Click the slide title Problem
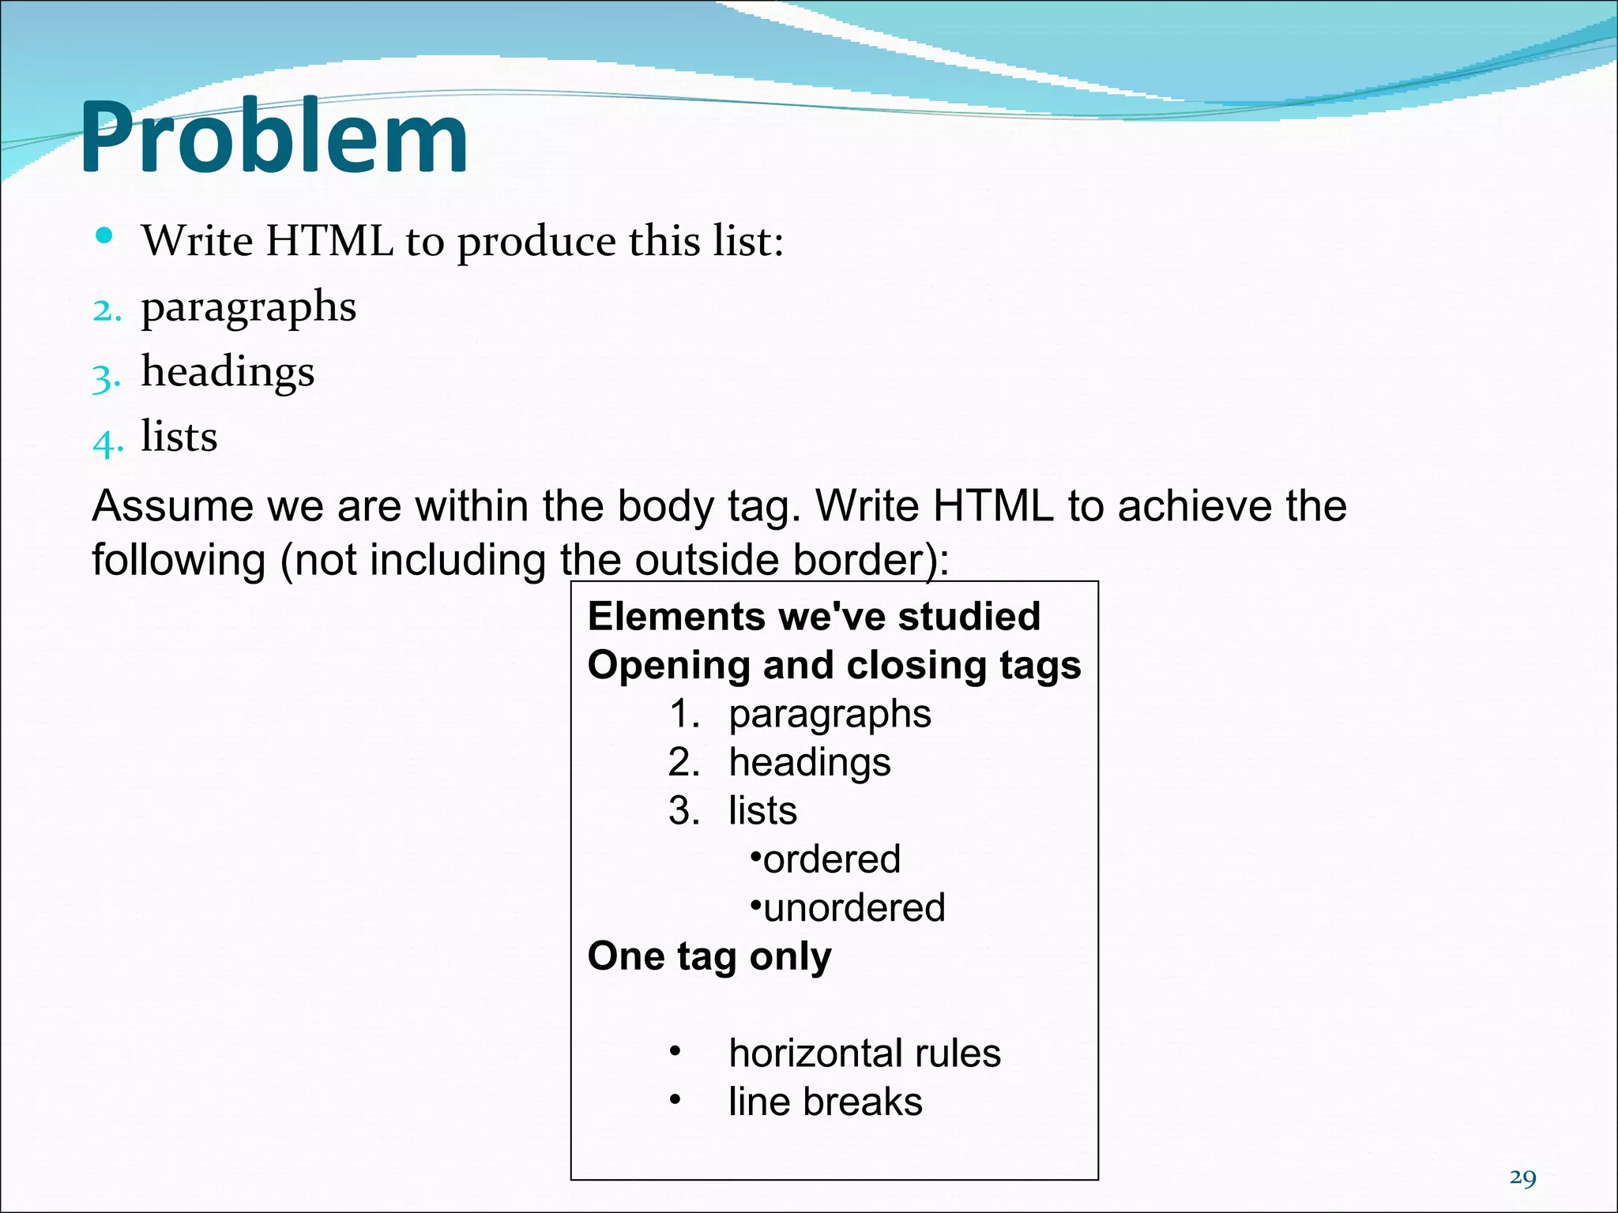[x=274, y=138]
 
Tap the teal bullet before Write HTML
[x=103, y=235]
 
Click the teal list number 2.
[x=107, y=310]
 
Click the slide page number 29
[x=1522, y=1177]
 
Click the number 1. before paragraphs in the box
[x=684, y=714]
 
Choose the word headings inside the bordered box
[x=810, y=763]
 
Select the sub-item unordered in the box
[x=854, y=908]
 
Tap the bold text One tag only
[x=709, y=956]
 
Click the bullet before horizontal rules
[x=675, y=1051]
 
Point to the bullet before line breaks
[x=675, y=1100]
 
